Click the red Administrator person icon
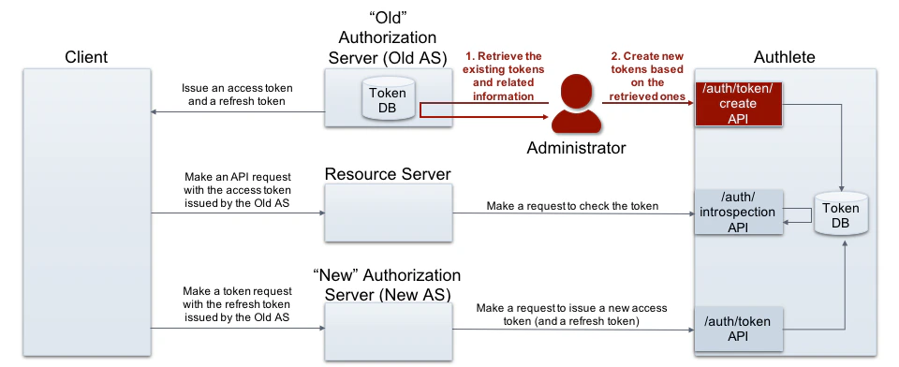(574, 106)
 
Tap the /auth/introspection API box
(738, 212)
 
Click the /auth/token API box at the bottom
(738, 329)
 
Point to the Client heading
(86, 57)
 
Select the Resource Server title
(388, 174)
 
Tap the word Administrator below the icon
(575, 147)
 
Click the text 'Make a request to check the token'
(572, 206)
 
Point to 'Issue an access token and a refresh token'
(235, 95)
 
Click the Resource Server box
(389, 213)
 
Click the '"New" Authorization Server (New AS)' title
(388, 286)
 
